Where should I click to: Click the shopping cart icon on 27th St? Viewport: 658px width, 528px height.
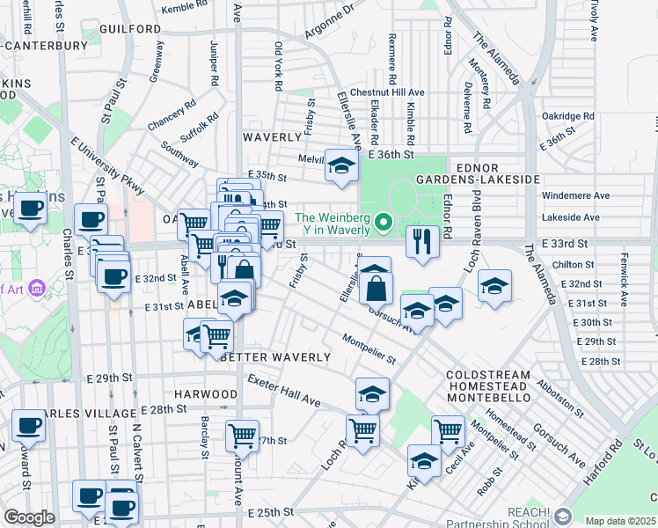click(242, 434)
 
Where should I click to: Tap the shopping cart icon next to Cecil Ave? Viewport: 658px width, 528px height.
click(448, 431)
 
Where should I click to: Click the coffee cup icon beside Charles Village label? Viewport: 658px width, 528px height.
click(28, 426)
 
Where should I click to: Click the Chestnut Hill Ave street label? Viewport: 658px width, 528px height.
click(387, 92)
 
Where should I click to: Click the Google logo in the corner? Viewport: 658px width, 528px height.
click(29, 517)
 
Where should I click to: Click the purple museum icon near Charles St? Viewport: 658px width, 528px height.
click(37, 288)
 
